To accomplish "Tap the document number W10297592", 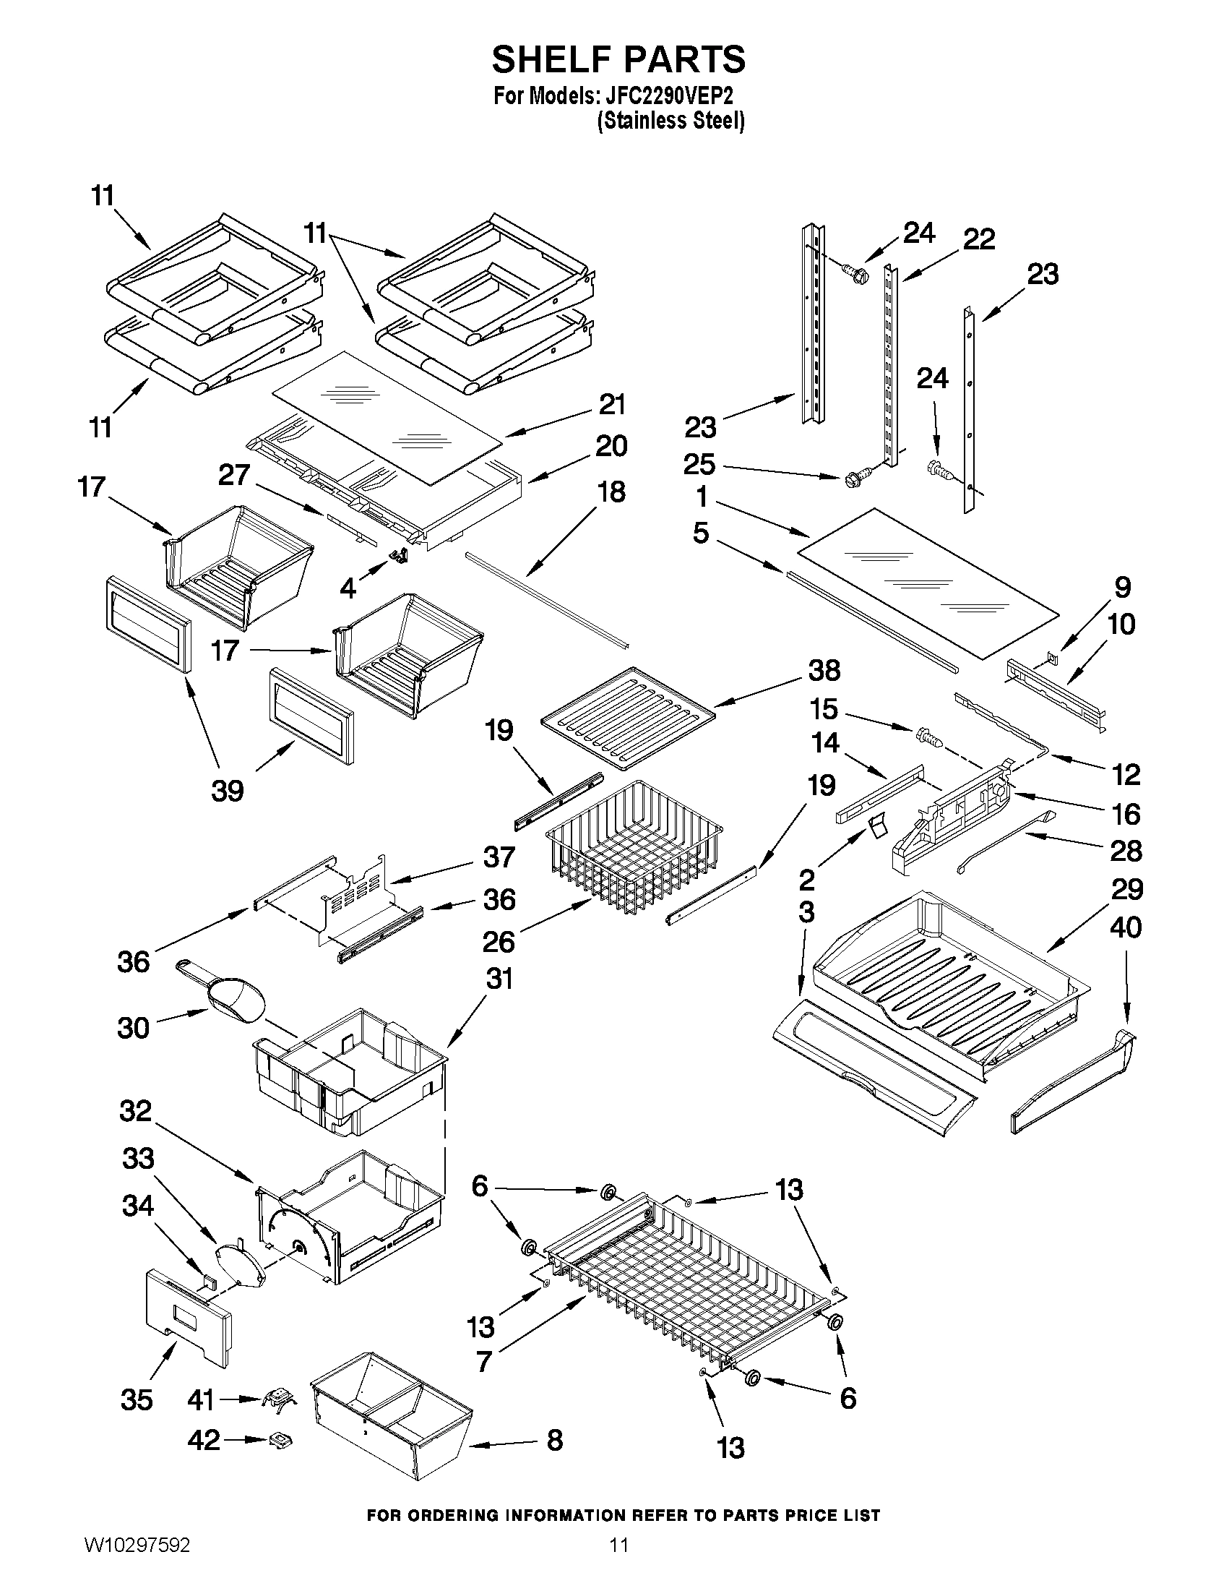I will pos(137,1561).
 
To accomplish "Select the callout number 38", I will pos(824,670).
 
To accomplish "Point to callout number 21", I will pos(611,404).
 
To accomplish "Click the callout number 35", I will pos(137,1399).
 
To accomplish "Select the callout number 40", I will pos(1126,927).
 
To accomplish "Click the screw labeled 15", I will pos(928,737).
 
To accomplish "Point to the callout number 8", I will pos(555,1440).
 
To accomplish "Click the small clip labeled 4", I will pos(400,557).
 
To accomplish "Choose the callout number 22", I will pos(978,239).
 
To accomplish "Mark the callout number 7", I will pos(483,1361).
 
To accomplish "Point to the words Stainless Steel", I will pos(670,121).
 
